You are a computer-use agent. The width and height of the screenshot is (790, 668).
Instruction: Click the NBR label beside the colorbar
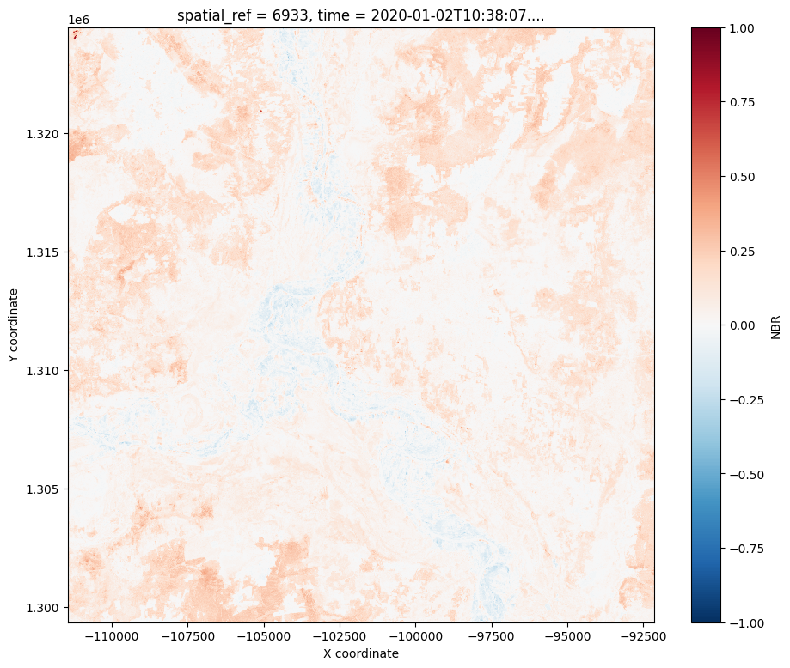click(775, 325)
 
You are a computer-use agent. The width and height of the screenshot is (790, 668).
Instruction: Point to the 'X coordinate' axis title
click(360, 653)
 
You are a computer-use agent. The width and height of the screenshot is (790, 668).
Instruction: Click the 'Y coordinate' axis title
click(15, 325)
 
